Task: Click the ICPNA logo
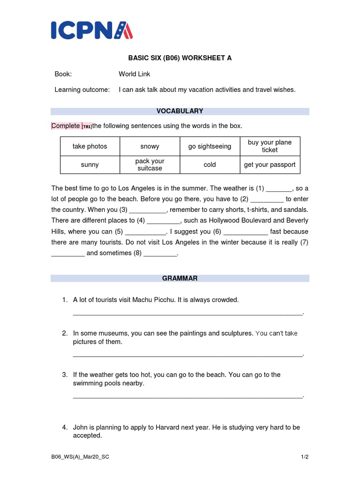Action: click(91, 30)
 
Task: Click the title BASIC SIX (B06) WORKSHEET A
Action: click(180, 58)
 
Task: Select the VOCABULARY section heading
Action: click(180, 111)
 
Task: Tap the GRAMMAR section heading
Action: click(180, 278)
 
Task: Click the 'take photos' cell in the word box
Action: click(90, 146)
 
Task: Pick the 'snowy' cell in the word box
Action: click(150, 146)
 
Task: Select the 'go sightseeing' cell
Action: click(210, 146)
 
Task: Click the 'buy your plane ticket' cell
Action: click(270, 146)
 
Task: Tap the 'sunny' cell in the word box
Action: click(90, 165)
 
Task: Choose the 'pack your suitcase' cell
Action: click(150, 165)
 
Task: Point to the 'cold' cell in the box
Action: click(210, 165)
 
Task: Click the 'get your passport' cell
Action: click(270, 165)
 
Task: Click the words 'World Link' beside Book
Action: click(135, 74)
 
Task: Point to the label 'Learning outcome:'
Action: click(82, 90)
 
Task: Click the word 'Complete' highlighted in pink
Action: click(66, 126)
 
